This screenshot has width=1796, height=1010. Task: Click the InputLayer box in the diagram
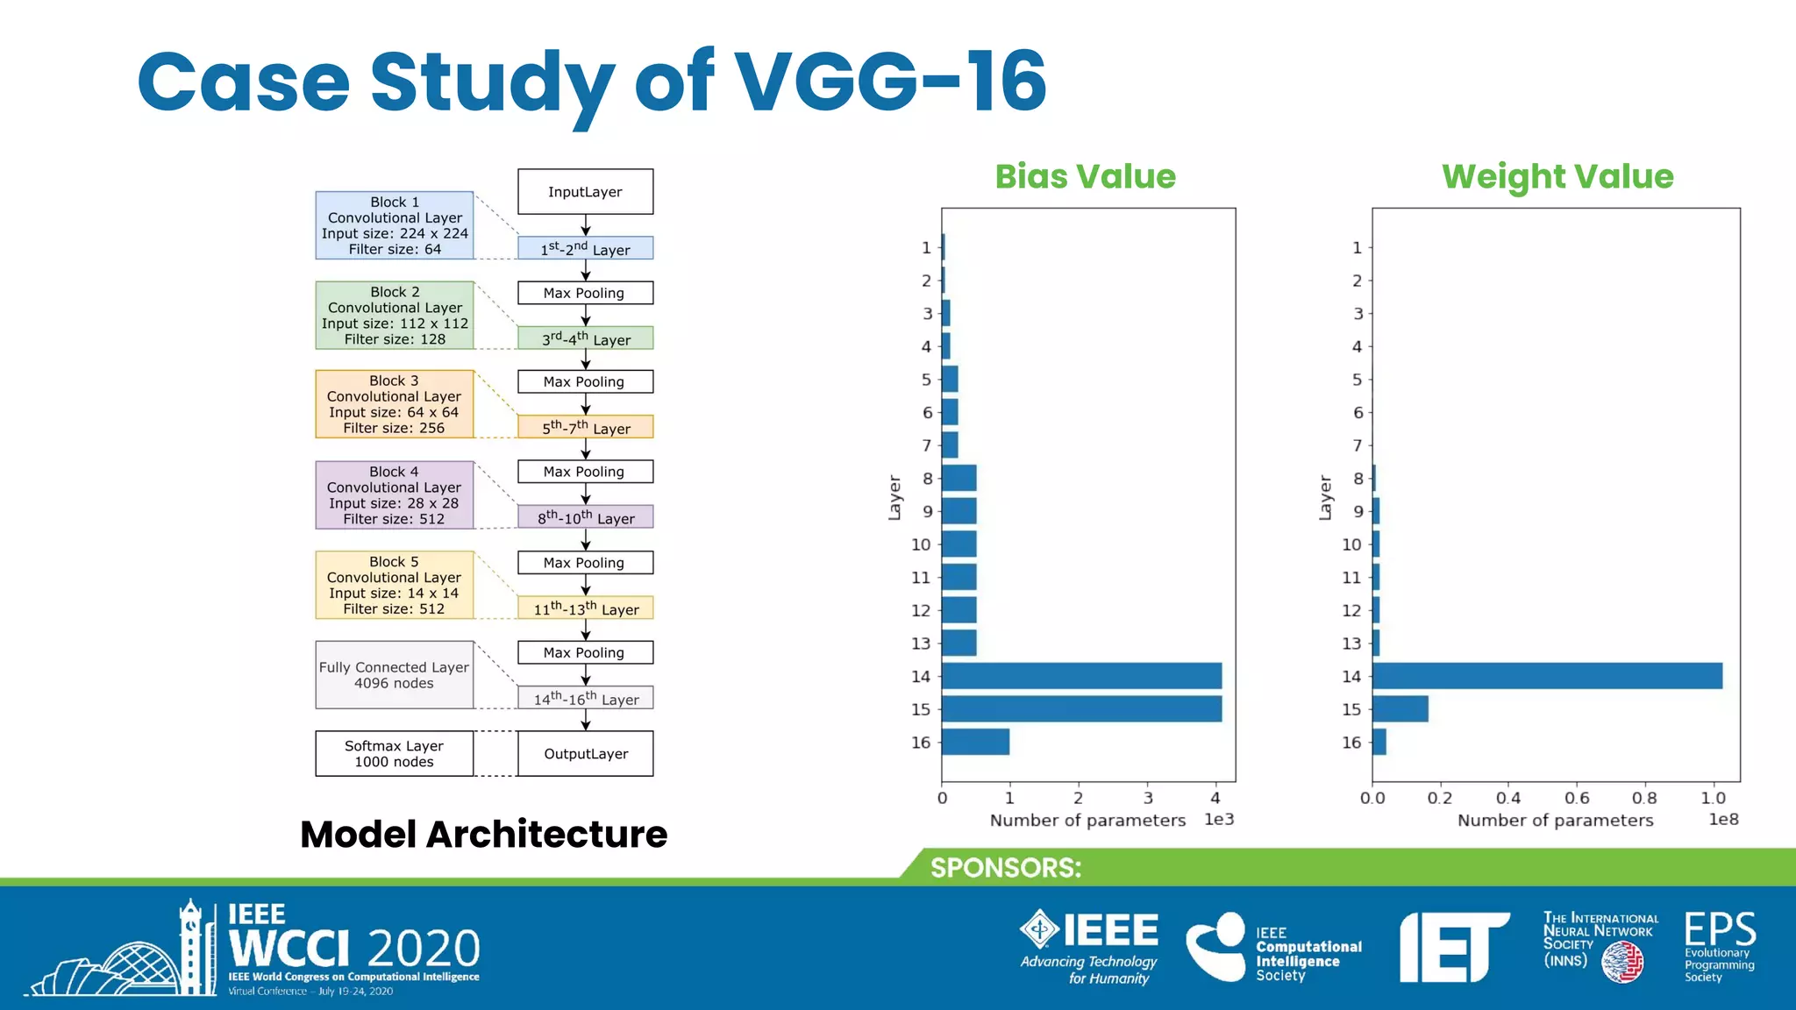tap(585, 192)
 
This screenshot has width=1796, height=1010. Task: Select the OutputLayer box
tap(585, 754)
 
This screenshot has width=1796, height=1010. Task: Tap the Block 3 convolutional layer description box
tap(395, 404)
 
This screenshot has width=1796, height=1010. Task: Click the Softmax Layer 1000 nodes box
tap(395, 754)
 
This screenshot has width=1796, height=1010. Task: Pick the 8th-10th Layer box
tap(585, 517)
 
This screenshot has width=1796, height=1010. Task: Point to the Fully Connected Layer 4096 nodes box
tap(395, 675)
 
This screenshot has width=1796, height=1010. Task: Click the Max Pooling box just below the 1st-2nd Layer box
tap(585, 293)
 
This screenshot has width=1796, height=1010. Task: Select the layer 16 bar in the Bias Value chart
tap(975, 742)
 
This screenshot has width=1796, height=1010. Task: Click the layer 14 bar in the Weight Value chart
tap(1547, 676)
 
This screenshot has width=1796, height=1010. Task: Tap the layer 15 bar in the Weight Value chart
tap(1400, 708)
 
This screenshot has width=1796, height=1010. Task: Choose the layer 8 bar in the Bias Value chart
tap(959, 478)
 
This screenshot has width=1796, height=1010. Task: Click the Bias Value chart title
tap(1085, 176)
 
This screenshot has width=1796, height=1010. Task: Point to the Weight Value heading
tap(1557, 176)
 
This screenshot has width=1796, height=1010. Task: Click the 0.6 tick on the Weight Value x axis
tap(1576, 798)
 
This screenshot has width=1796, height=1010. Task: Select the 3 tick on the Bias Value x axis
tap(1147, 798)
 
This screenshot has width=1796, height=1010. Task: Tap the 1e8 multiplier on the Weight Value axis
tap(1723, 819)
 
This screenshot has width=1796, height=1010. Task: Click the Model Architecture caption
tap(483, 834)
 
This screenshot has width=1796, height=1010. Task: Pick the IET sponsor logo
tap(1453, 947)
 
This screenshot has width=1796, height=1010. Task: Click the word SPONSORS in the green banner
tap(1006, 868)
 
